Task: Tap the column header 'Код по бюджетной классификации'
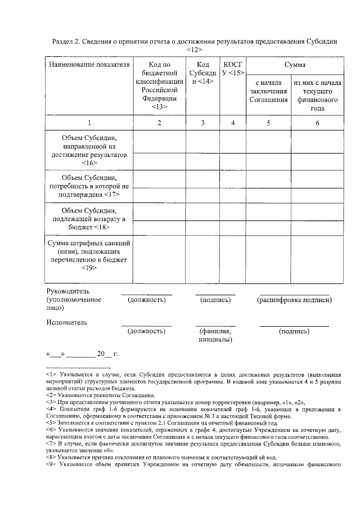(x=160, y=85)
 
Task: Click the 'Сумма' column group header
(x=294, y=65)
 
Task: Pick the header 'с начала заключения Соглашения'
(x=268, y=92)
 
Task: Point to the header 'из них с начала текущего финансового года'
(x=318, y=96)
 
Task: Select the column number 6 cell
(x=318, y=123)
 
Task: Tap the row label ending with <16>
(x=89, y=150)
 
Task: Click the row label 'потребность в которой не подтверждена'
(x=89, y=186)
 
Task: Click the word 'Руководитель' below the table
(x=67, y=291)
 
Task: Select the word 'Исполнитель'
(x=66, y=323)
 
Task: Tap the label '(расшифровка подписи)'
(x=294, y=300)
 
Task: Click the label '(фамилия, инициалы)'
(x=215, y=336)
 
